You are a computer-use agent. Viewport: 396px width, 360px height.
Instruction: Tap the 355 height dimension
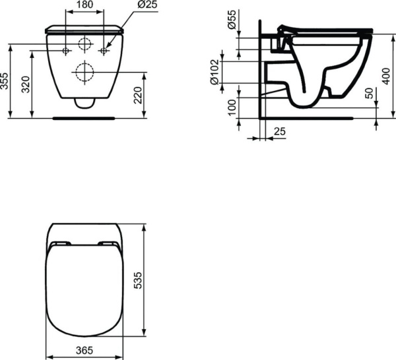6,81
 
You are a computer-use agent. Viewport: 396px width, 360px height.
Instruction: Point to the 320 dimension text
26,84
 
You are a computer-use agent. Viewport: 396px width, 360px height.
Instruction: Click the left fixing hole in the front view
66,51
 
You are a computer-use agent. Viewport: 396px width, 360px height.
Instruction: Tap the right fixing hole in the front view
104,51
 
